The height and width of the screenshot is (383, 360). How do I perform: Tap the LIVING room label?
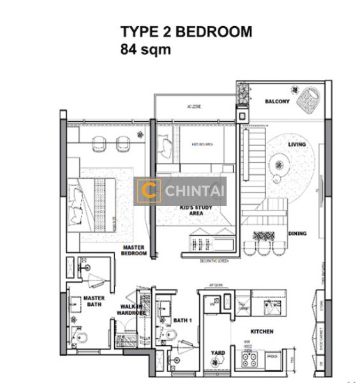297,145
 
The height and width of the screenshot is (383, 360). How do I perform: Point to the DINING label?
297,234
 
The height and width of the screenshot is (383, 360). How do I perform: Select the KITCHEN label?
262,331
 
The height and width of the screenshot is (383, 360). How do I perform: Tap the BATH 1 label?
183,320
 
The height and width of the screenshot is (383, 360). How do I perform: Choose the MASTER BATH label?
94,301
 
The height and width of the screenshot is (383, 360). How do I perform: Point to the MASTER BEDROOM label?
134,250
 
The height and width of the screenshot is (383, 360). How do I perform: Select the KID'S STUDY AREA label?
194,211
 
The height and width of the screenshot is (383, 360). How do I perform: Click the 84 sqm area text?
146,49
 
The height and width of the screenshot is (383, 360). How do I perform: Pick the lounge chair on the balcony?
311,98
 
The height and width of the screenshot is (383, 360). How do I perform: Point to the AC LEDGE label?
194,106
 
